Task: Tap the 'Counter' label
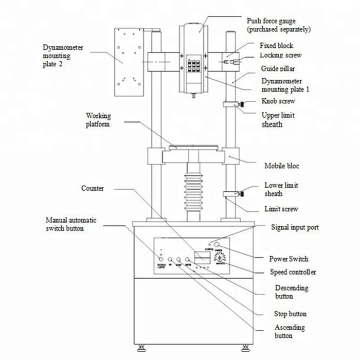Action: [93, 189]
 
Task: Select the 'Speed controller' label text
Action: [293, 272]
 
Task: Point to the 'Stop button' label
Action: [291, 314]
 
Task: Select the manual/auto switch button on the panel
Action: [162, 260]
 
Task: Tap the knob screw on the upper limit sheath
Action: [241, 105]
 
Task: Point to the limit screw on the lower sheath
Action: [241, 194]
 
